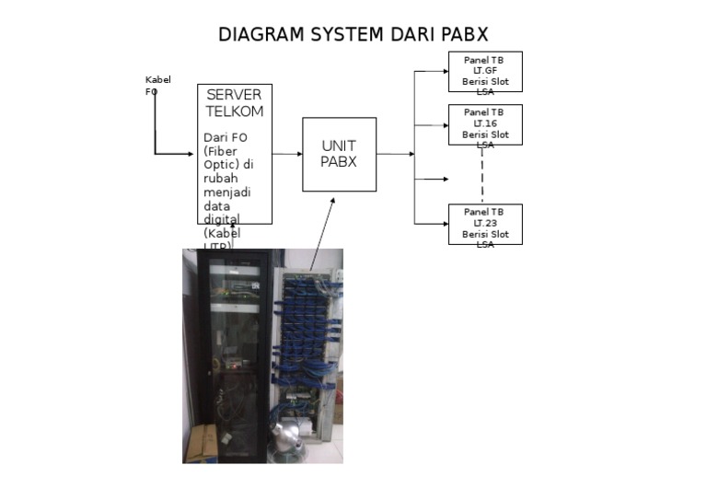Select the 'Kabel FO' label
tap(157, 86)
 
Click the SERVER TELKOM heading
tap(235, 103)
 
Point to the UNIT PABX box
tap(339, 154)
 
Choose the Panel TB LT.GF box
tap(485, 72)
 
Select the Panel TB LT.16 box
tap(485, 124)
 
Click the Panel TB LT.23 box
tap(485, 225)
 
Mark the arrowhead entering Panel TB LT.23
tap(445, 224)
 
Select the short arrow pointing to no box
tap(433, 179)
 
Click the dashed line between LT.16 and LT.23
tap(482, 175)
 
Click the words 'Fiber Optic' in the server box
tap(221, 157)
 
